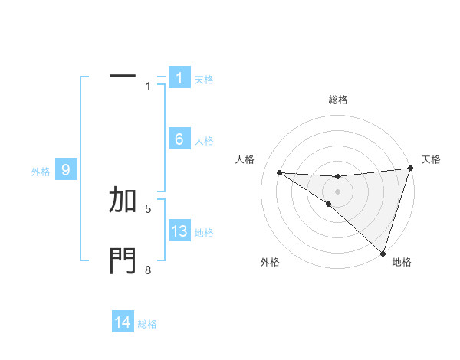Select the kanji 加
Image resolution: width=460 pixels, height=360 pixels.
[x=123, y=200]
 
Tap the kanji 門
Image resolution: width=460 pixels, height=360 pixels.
[x=123, y=261]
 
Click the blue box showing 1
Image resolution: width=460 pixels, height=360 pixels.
[x=179, y=78]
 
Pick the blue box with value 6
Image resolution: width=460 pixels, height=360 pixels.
[x=179, y=139]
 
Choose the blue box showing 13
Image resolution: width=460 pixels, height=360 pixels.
[x=179, y=231]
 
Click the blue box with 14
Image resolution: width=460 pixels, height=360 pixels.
[x=123, y=323]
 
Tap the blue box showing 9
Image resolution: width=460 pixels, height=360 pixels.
[x=66, y=170]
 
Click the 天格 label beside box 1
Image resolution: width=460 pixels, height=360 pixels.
[x=204, y=80]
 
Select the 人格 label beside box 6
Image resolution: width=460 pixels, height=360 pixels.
[x=204, y=141]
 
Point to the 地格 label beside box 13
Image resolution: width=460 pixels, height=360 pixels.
[x=204, y=233]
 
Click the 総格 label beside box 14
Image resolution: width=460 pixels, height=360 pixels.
[x=147, y=325]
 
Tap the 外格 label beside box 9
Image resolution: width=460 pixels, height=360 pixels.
[x=41, y=172]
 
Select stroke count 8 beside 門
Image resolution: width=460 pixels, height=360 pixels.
[x=148, y=270]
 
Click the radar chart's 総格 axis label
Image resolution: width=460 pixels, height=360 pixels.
[x=338, y=100]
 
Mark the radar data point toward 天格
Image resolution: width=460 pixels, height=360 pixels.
[x=410, y=169]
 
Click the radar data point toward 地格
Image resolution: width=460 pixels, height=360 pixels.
[x=383, y=253]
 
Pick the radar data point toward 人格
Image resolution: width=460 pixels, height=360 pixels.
[x=279, y=172]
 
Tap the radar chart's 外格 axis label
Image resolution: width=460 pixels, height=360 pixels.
[x=270, y=263]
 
